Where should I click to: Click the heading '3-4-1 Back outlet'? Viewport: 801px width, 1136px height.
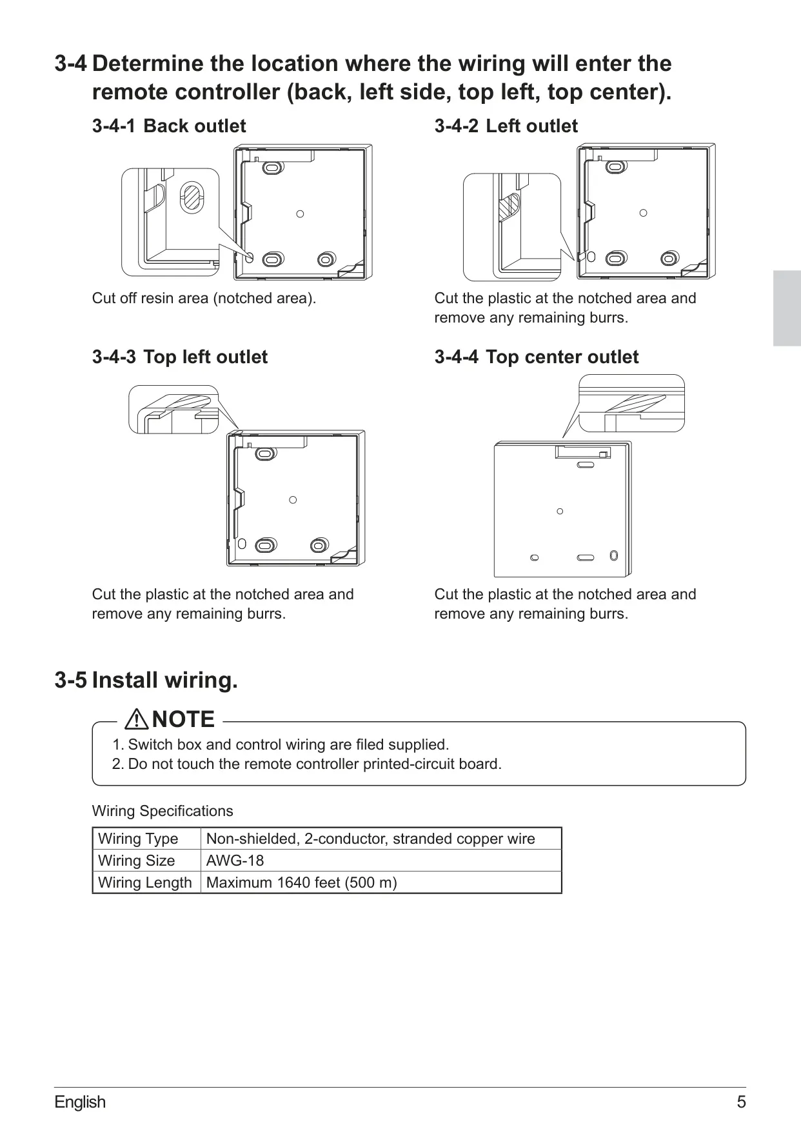[x=169, y=126]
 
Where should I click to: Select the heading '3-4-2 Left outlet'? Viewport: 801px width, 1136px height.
[x=506, y=126]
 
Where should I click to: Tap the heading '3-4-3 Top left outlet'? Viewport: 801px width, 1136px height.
[x=180, y=357]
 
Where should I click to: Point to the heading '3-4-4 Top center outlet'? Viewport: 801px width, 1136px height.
[x=537, y=357]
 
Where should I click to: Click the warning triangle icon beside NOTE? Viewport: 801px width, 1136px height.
[x=138, y=719]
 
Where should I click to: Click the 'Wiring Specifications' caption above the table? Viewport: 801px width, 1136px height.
[x=163, y=811]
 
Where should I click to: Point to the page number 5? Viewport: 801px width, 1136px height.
[x=741, y=1102]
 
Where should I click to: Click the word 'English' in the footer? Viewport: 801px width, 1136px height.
[x=80, y=1102]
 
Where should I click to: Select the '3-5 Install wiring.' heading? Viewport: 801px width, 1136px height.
[x=146, y=680]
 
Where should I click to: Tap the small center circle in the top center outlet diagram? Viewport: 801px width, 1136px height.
[x=560, y=511]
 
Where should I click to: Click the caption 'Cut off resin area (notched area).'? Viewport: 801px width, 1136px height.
[x=204, y=298]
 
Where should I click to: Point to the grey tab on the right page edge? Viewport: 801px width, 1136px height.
[x=787, y=308]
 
